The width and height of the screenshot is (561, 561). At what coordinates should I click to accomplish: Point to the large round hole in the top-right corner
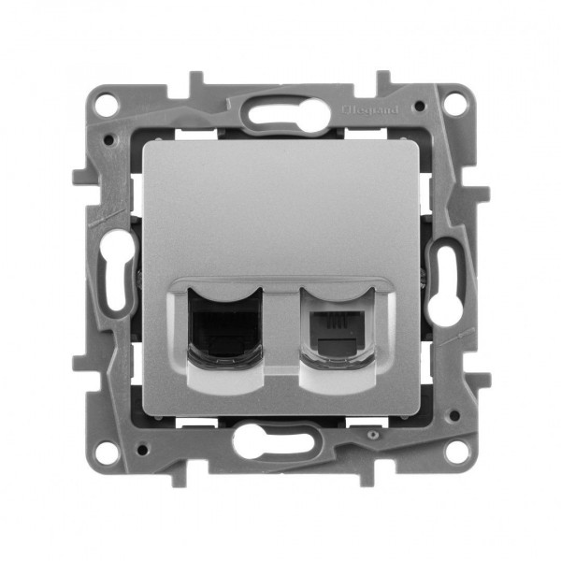[x=453, y=103]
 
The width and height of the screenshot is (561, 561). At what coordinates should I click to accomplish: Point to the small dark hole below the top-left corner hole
[x=111, y=139]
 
